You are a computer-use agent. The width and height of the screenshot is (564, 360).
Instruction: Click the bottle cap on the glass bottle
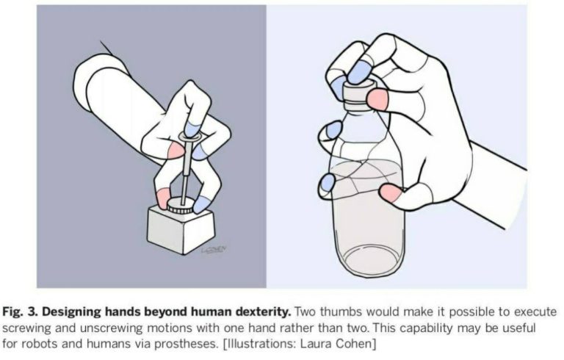click(x=361, y=94)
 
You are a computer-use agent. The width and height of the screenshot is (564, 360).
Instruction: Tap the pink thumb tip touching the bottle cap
click(x=377, y=100)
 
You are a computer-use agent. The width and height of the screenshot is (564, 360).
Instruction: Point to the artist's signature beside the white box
click(x=214, y=250)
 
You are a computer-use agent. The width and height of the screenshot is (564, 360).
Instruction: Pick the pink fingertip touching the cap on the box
click(x=162, y=197)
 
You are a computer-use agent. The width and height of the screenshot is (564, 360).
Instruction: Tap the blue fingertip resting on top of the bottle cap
click(x=360, y=72)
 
